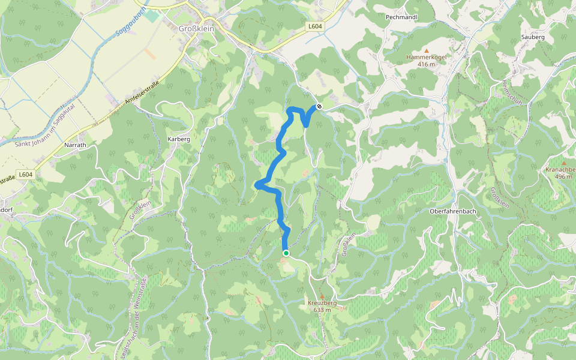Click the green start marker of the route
286,253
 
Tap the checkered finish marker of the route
319,107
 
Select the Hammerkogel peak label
426,57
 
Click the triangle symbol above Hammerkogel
427,50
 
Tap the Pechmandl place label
402,17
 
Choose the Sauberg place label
533,37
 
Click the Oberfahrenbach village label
453,211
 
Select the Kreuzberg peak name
322,303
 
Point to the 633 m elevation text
322,310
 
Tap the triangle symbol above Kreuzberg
322,296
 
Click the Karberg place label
179,139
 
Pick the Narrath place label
75,145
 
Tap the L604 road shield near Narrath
25,175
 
